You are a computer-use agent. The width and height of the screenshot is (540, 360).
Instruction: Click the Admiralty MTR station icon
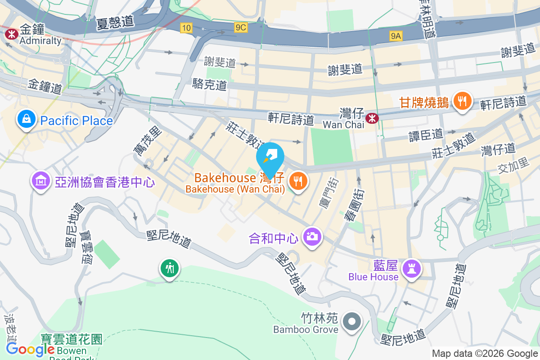(11, 33)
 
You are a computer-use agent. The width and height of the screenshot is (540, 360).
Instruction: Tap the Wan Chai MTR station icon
(372, 118)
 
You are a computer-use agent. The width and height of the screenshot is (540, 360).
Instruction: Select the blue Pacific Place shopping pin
(27, 119)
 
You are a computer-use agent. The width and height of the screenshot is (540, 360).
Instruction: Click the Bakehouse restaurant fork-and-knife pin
(297, 181)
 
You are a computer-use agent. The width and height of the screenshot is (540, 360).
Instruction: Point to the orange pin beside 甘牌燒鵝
(462, 101)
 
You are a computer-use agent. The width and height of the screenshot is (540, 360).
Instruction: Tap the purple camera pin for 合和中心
(312, 236)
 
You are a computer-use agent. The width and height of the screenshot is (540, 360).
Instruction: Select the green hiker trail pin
(169, 269)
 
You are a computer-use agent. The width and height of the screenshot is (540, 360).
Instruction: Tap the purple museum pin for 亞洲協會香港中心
(41, 181)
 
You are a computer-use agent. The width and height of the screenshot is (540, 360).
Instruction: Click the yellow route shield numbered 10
(186, 28)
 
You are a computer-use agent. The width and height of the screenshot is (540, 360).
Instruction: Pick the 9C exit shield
(241, 28)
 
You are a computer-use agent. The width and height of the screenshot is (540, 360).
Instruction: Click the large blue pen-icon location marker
(270, 157)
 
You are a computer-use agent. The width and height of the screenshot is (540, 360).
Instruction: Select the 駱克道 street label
(209, 83)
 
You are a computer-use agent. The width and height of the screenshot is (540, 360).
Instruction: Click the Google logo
(30, 349)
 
